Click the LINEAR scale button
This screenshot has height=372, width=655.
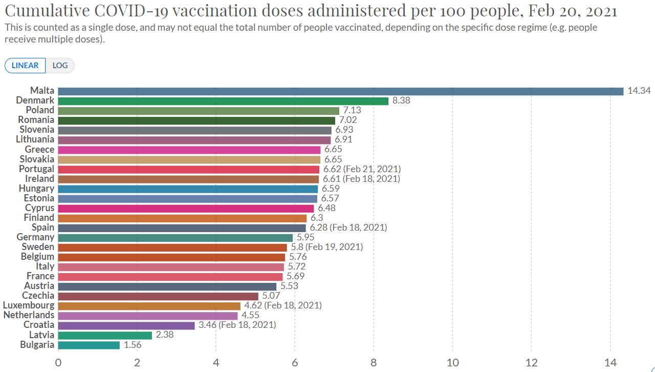pos(25,66)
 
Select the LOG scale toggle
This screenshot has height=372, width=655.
pos(60,66)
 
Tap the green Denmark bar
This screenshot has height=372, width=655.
pos(223,101)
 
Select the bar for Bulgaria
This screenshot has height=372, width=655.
pos(89,345)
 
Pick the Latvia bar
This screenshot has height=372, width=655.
pos(105,335)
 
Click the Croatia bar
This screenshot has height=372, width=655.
pos(126,325)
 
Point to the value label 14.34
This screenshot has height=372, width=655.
pos(639,91)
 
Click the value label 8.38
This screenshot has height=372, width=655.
pos(401,101)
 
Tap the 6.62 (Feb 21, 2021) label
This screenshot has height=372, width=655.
pos(362,169)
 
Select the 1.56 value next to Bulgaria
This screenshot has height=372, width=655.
pos(132,345)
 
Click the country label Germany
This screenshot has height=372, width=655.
pos(35,237)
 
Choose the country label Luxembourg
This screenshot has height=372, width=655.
pos(29,305)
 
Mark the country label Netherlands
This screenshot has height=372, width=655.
pos(29,315)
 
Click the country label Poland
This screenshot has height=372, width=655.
pos(40,110)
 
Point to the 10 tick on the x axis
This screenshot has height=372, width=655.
pos(452,363)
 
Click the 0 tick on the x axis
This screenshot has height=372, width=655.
pos(58,363)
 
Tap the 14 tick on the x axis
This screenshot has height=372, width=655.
pos(610,363)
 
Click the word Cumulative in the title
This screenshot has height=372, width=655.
pos(47,11)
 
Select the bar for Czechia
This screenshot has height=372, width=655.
pos(158,296)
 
